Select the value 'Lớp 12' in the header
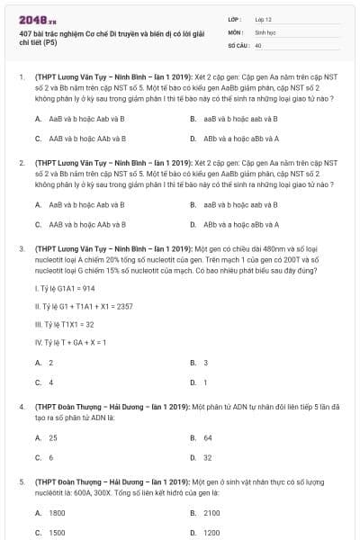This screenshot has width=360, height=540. click(x=264, y=19)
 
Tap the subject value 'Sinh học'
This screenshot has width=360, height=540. click(x=265, y=31)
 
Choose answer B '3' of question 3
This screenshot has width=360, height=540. click(x=206, y=363)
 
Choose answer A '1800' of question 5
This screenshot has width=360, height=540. click(x=57, y=512)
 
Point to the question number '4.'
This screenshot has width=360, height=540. click(x=21, y=407)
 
